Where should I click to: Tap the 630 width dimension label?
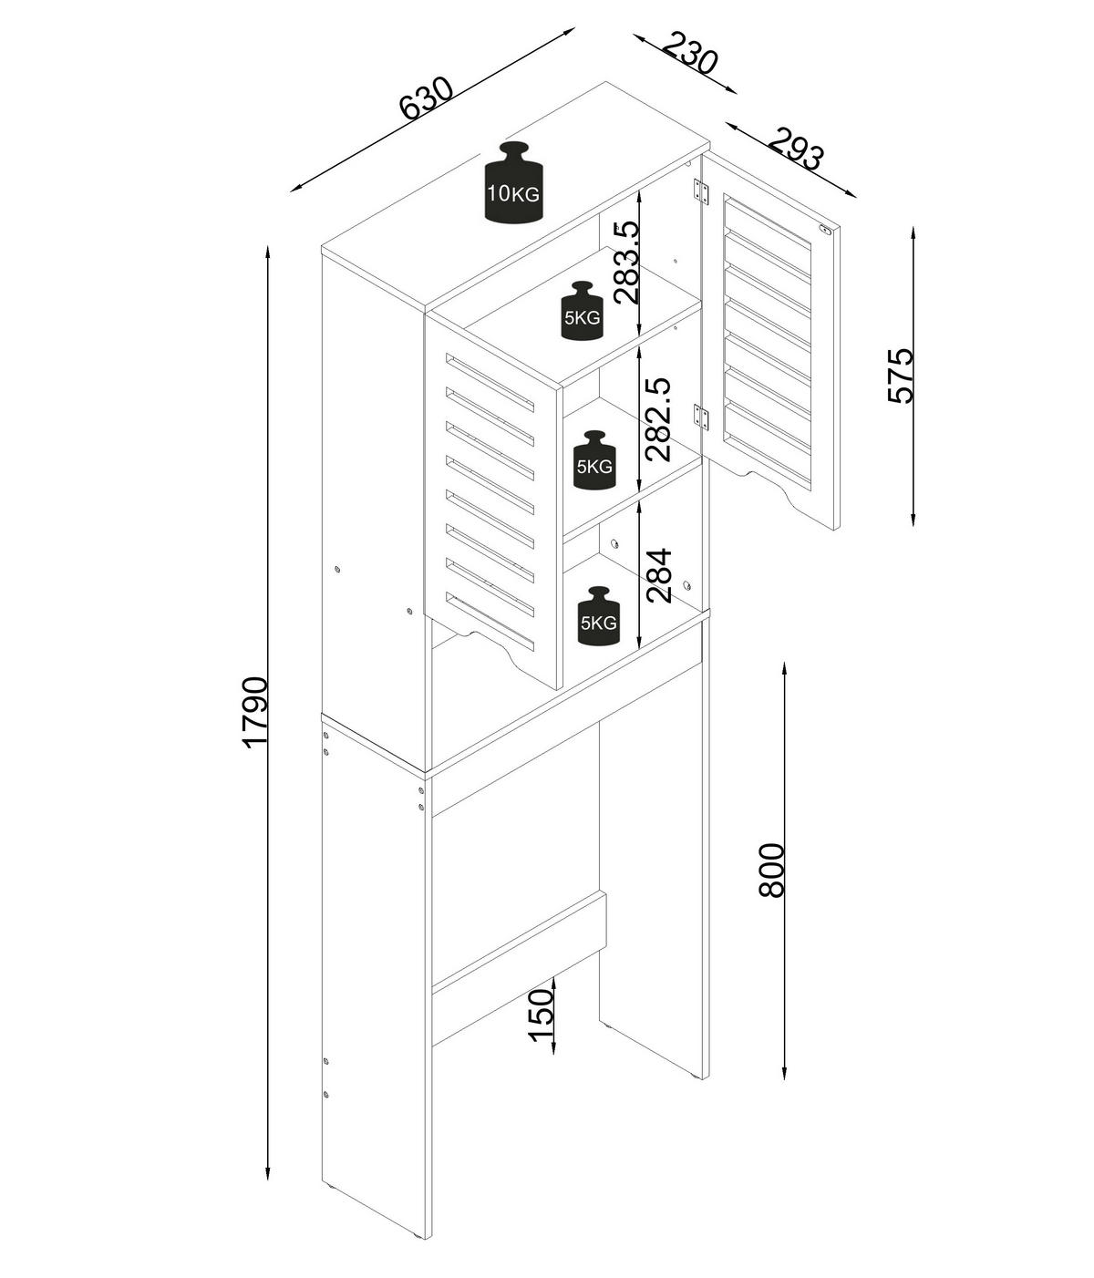click(426, 98)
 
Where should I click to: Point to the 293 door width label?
click(795, 149)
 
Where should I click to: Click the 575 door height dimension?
click(900, 376)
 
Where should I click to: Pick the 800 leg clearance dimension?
click(770, 870)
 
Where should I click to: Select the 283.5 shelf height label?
click(626, 263)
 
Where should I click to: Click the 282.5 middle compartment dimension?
click(657, 420)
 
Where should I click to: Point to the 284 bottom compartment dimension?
click(657, 575)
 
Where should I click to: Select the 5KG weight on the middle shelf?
click(593, 460)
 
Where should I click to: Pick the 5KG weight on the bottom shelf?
click(598, 616)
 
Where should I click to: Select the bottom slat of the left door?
click(490, 621)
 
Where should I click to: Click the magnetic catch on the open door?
click(824, 230)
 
